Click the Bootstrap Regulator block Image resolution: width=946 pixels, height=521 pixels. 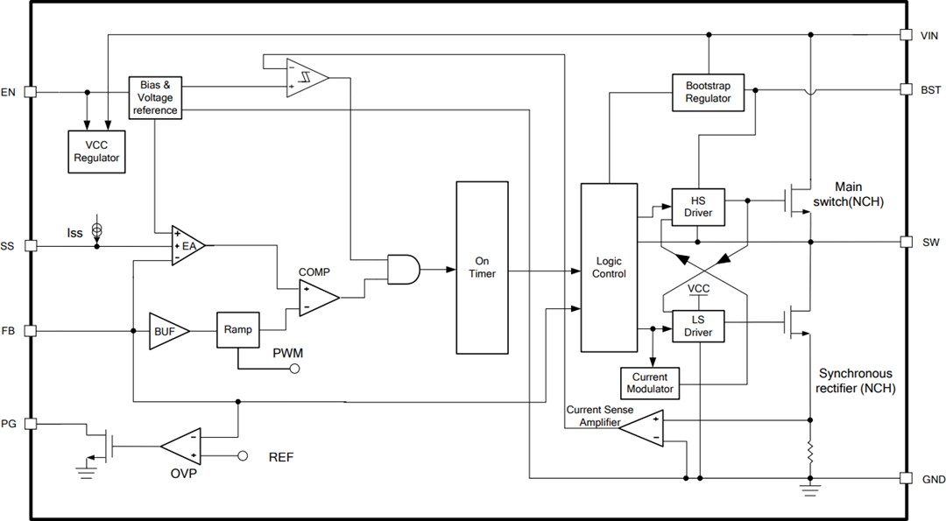pos(708,92)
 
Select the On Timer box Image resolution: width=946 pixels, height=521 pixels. pos(482,267)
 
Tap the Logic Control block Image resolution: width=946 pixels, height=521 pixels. pos(610,267)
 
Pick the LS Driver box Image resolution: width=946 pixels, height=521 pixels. pos(697,327)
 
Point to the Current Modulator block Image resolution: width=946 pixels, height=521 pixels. pos(652,383)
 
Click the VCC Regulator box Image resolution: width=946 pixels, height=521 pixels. pos(96,151)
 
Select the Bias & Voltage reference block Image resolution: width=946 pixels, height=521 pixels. pos(155,97)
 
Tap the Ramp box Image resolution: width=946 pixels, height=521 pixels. pos(236,330)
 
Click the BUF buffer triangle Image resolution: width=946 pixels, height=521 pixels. pos(161,331)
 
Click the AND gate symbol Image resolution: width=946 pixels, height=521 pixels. pos(402,269)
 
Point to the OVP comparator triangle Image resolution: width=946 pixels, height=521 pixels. pos(182,446)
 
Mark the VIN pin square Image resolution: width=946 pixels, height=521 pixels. pos(906,35)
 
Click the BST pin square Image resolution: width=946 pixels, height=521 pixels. pos(906,89)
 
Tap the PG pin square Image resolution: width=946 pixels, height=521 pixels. pos(30,424)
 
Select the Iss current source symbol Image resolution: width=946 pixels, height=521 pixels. pos(97,229)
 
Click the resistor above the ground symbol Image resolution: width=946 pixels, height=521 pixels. pos(810,453)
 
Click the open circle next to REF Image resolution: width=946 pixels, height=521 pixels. pos(244,456)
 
